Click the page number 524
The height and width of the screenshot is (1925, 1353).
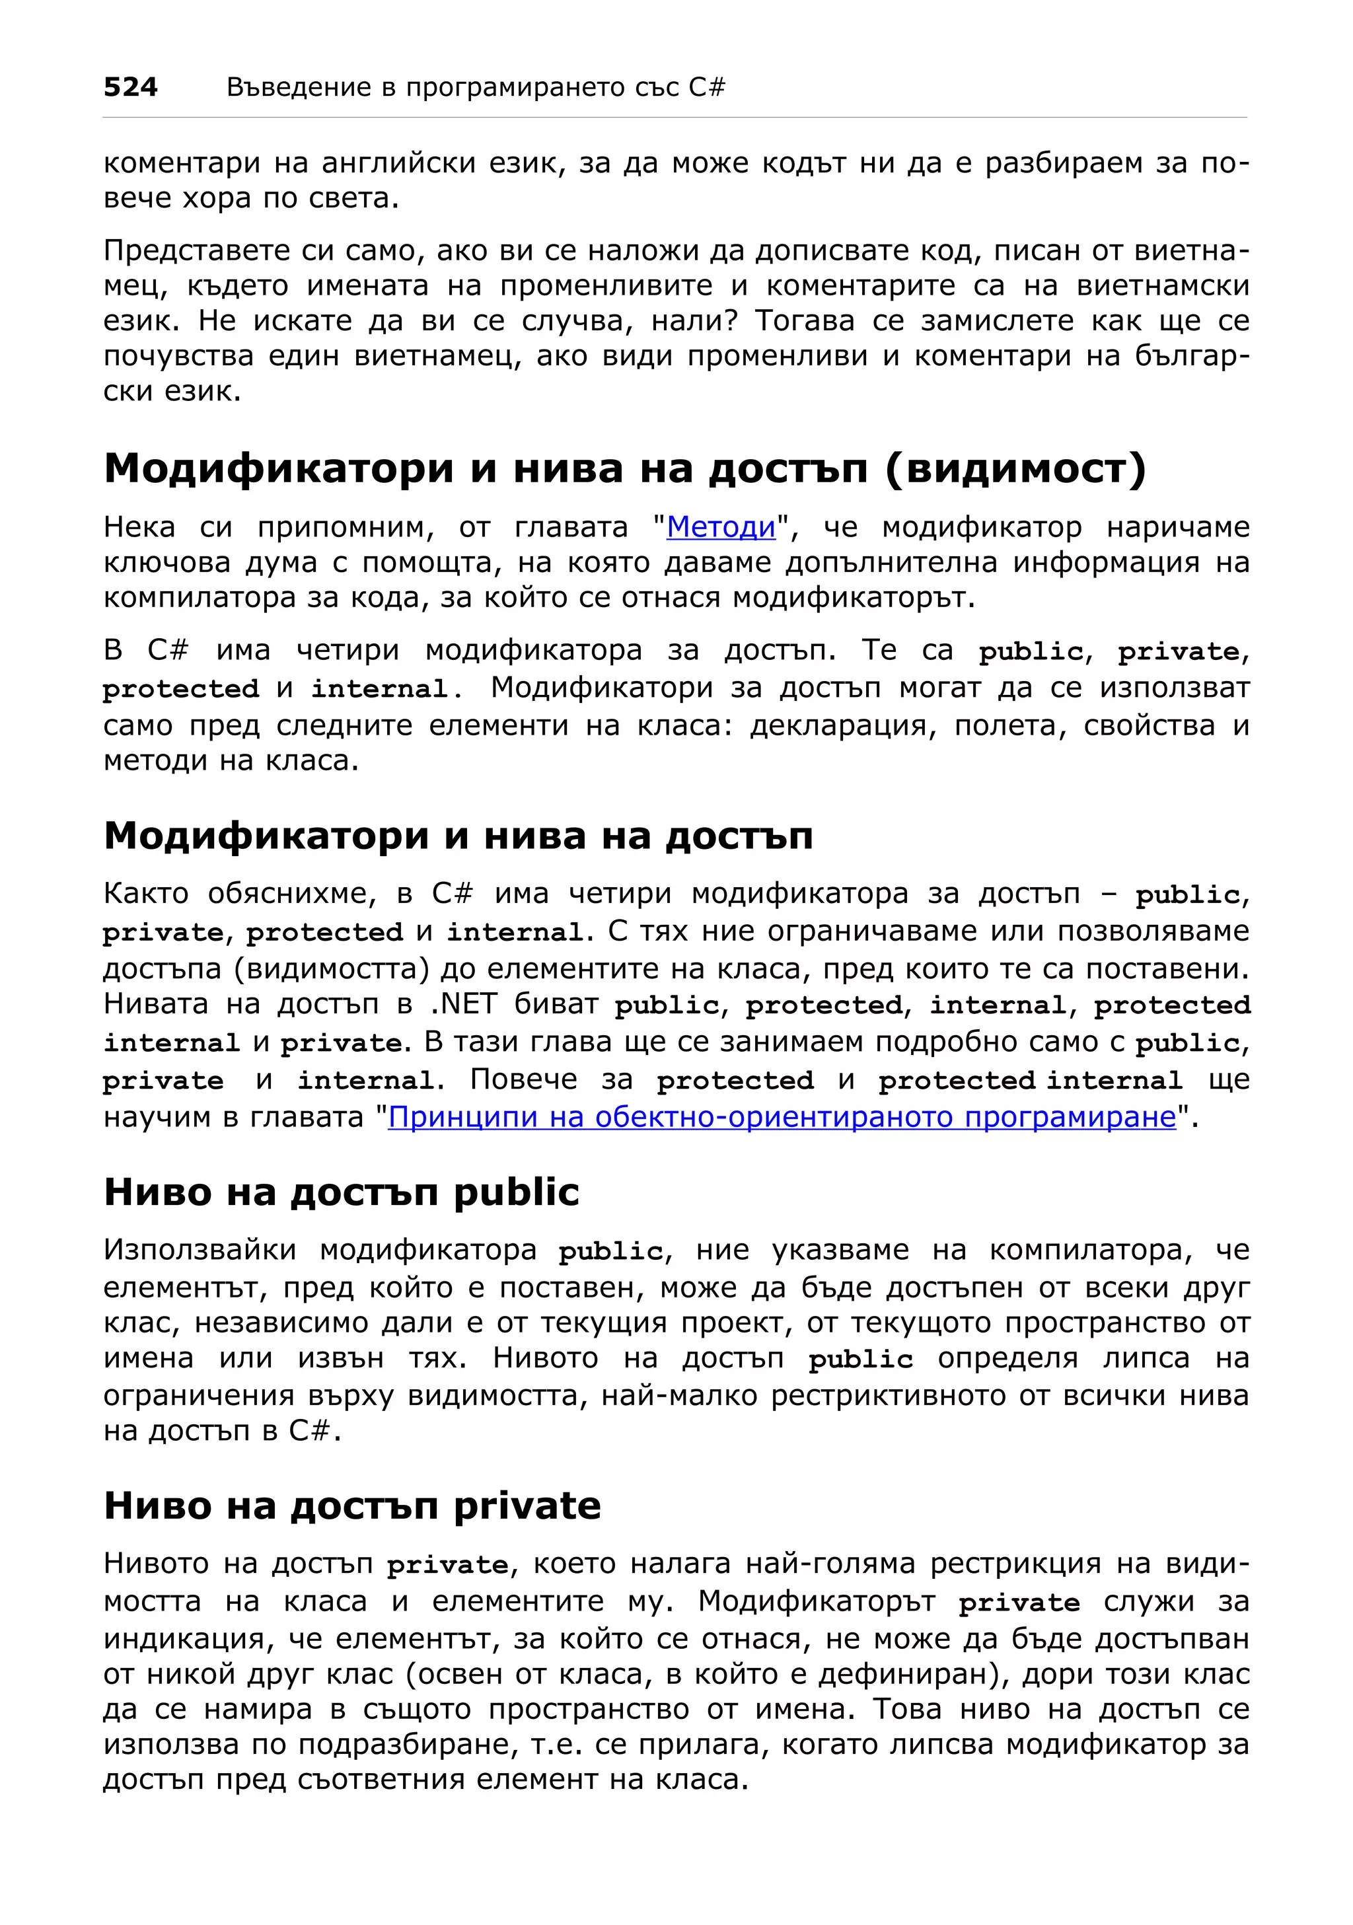point(130,87)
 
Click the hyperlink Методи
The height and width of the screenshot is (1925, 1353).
point(721,527)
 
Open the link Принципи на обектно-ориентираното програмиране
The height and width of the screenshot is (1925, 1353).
point(782,1117)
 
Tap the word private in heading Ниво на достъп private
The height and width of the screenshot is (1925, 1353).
point(527,1506)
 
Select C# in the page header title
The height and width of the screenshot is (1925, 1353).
point(707,87)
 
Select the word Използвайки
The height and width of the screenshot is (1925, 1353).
point(200,1250)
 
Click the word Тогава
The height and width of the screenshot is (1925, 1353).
point(805,321)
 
